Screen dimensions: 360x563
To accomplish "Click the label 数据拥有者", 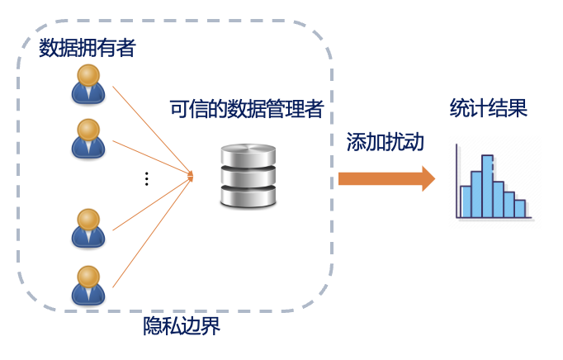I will point(87,48).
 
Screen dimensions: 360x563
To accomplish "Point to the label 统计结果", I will point(489,110).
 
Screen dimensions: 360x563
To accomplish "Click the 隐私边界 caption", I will point(182,326).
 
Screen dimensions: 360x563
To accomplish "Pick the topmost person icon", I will point(88,84).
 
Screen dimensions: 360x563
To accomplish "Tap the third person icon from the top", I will point(88,227).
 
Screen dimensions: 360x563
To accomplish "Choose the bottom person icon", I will point(88,283).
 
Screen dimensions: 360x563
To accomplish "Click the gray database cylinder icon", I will point(248,175).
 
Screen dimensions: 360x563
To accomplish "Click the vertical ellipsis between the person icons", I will point(146,178).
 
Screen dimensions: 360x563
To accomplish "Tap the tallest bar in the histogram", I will point(487,186).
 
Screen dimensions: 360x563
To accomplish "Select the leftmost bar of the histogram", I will point(466,201).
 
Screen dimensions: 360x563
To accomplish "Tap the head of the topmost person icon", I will point(88,75).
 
